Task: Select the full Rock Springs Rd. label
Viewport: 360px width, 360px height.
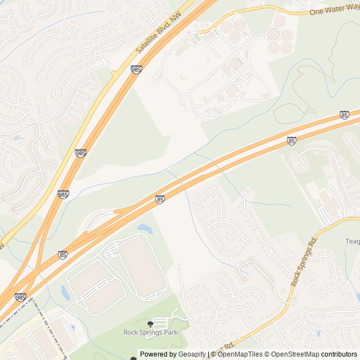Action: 304,261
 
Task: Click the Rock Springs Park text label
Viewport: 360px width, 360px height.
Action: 150,332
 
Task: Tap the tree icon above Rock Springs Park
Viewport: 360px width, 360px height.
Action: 150,324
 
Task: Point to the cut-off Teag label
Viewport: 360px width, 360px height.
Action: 352,241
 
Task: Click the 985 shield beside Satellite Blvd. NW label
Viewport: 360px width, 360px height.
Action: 136,69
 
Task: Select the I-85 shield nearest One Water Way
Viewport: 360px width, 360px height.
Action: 344,115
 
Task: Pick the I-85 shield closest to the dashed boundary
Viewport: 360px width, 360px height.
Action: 62,255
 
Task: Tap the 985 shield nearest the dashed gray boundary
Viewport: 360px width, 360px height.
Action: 20,297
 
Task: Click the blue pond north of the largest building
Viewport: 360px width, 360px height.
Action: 145,229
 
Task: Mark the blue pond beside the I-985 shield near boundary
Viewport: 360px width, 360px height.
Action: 65,293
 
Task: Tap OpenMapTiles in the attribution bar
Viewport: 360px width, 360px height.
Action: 240,354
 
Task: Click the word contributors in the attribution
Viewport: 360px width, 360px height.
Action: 340,354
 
